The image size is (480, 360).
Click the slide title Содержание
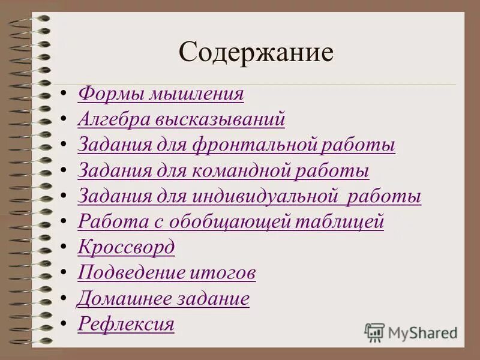pyautogui.click(x=256, y=52)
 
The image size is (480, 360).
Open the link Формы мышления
pyautogui.click(x=161, y=94)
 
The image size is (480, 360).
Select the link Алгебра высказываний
pyautogui.click(x=181, y=119)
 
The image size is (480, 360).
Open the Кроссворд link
pyautogui.click(x=127, y=247)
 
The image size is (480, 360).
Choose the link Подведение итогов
pyautogui.click(x=167, y=273)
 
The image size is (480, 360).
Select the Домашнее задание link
pyautogui.click(x=163, y=298)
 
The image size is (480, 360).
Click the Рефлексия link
pyautogui.click(x=126, y=324)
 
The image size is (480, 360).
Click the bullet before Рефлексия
pyautogui.click(x=64, y=325)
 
